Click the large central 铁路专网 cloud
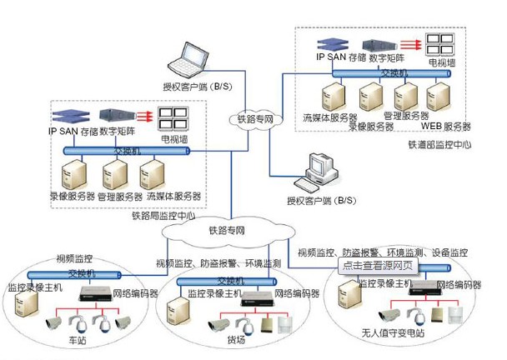[x=227, y=231]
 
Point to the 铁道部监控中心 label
[x=439, y=143]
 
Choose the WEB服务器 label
[x=446, y=127]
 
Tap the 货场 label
[x=236, y=340]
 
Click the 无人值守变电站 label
[x=394, y=332]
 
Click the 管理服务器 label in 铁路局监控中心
[x=120, y=197]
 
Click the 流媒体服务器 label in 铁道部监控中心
[x=330, y=117]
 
